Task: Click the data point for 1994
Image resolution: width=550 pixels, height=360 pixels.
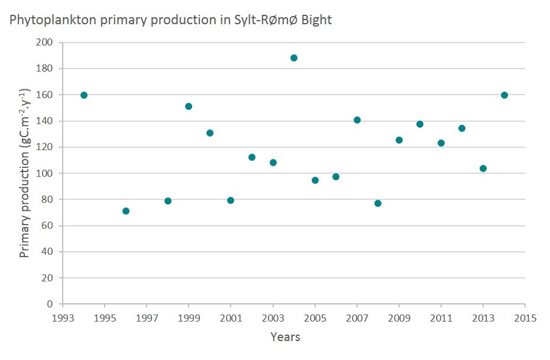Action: coord(84,95)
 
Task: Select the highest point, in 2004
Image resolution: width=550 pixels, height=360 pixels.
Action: coord(294,58)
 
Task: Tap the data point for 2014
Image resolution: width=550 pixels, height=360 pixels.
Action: coord(504,95)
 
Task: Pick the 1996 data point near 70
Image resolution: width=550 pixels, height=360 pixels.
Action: coord(126,211)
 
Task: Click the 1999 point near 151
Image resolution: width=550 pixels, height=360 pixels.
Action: coord(189,106)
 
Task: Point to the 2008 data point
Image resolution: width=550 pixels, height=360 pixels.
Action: coord(378,203)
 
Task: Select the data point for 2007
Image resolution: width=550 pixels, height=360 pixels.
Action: coord(357,120)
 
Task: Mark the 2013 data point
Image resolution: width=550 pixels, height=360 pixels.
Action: coord(483,168)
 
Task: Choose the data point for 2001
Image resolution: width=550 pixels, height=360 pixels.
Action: coord(231,200)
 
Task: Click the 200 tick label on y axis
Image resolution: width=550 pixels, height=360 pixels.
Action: coord(45,43)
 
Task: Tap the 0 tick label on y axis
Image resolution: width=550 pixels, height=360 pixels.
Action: coord(50,304)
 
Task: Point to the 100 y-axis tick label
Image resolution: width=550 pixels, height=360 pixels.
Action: coord(45,173)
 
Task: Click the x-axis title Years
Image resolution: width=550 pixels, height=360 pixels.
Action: coord(286,338)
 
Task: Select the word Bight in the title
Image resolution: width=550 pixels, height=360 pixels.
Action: coord(317,20)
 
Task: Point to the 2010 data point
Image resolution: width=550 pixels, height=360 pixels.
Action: coord(420,124)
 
